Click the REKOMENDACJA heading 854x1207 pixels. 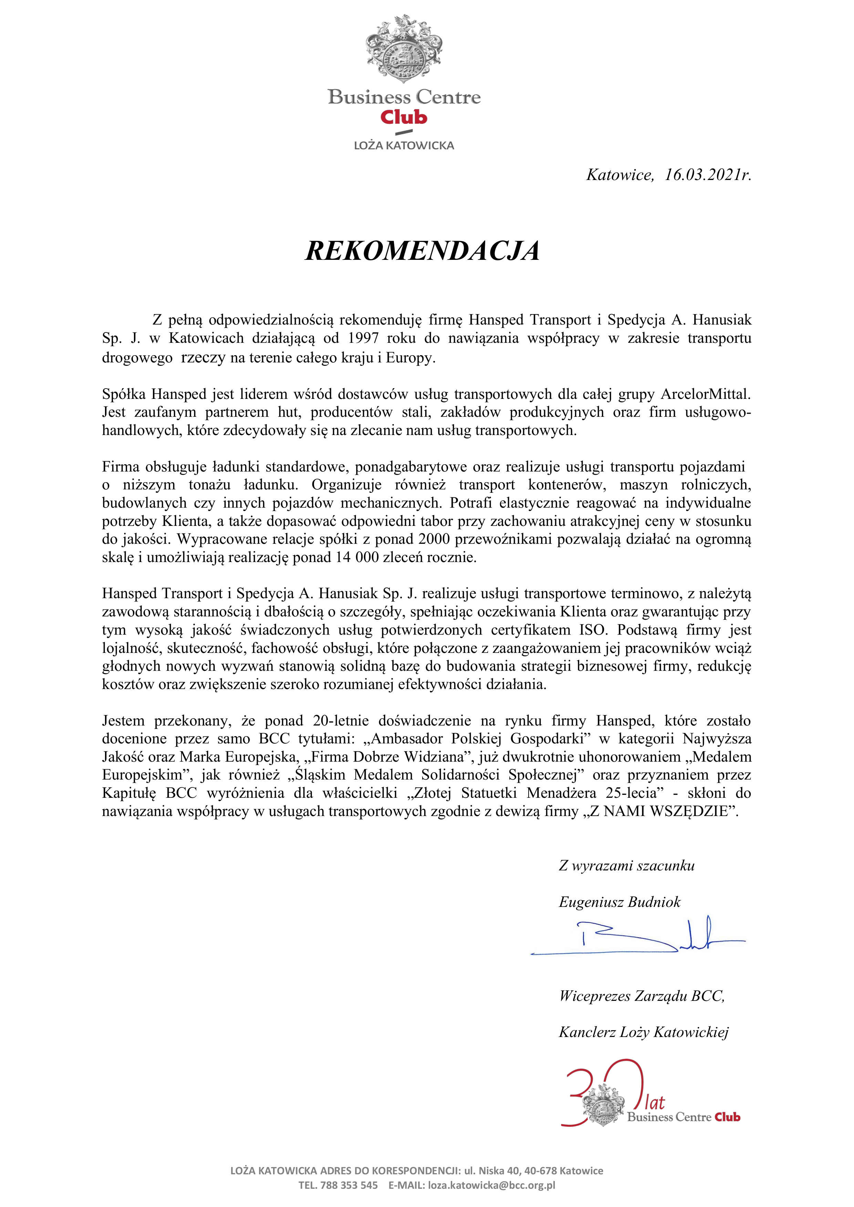[422, 251]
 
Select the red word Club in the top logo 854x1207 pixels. [404, 117]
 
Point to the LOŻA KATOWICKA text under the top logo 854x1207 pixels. [404, 146]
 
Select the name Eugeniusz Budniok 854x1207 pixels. [619, 902]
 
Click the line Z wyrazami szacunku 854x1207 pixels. [626, 865]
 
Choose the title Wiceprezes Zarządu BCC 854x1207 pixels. [642, 996]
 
